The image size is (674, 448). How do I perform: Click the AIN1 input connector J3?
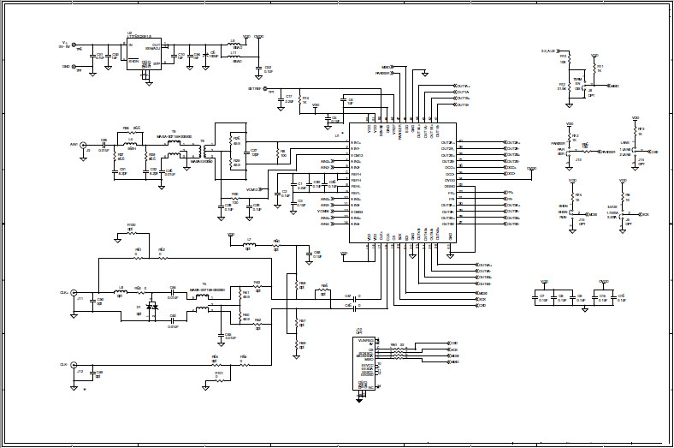(x=86, y=145)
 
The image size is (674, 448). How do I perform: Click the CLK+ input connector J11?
(x=74, y=291)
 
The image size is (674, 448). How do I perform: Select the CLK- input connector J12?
(x=74, y=364)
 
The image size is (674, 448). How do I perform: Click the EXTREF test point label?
(x=254, y=88)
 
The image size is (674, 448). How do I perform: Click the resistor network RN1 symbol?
(x=398, y=350)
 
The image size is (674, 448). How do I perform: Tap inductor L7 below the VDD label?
(x=249, y=243)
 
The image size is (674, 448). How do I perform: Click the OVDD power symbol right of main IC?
(x=532, y=170)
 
